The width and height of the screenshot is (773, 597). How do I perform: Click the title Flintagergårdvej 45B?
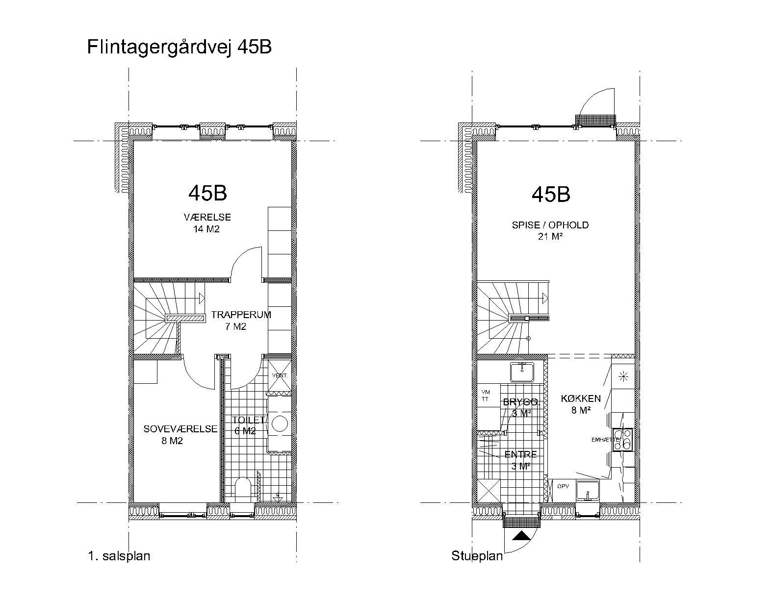(x=179, y=48)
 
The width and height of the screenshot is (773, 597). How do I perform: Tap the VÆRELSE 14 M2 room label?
(x=207, y=223)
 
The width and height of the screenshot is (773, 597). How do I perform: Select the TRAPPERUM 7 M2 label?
(x=240, y=321)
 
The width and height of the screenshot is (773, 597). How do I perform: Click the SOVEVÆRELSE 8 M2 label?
(x=180, y=435)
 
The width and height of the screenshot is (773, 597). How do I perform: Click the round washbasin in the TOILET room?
(x=280, y=423)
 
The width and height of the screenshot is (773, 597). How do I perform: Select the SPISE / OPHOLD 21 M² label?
(x=550, y=231)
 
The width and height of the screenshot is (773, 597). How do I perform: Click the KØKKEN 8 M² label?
(x=581, y=404)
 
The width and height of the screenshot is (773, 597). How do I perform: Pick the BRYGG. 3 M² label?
(x=521, y=407)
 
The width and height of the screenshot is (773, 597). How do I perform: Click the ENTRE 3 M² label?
(x=520, y=460)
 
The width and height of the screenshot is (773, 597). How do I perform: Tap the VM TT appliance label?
(x=486, y=396)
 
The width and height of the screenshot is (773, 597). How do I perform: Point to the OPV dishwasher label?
(x=563, y=486)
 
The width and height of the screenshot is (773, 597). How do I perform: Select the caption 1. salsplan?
(x=119, y=556)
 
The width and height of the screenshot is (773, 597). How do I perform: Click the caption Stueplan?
(x=477, y=556)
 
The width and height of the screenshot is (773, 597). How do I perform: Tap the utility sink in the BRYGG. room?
(x=522, y=372)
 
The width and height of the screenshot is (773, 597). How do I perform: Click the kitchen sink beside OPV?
(x=588, y=490)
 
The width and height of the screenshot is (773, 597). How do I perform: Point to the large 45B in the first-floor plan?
(x=207, y=193)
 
